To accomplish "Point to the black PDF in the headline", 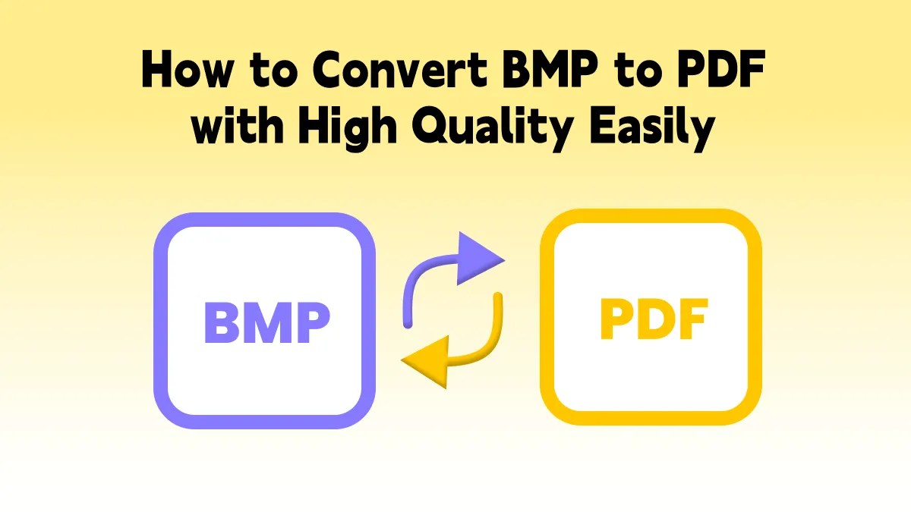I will click(720, 72).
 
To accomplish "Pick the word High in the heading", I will click(345, 129).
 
